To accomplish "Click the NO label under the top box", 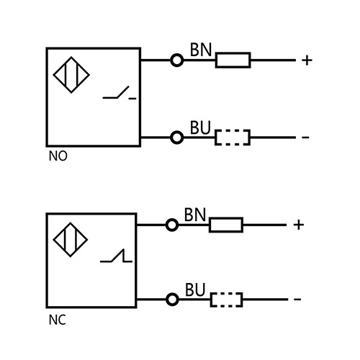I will click(x=58, y=156).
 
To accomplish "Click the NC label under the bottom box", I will click(x=57, y=320).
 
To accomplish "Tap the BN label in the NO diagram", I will click(x=200, y=50).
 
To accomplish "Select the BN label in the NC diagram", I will click(x=195, y=215).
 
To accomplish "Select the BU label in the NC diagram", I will click(x=195, y=289).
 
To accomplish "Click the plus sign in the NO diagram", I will click(x=307, y=60).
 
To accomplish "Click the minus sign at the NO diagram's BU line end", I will click(x=305, y=137).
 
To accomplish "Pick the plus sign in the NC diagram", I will click(x=299, y=225).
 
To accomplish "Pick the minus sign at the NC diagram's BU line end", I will click(x=297, y=300).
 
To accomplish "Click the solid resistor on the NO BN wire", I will click(x=233, y=60).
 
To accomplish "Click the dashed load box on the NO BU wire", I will click(x=232, y=137).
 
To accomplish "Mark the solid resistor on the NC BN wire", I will click(x=226, y=225).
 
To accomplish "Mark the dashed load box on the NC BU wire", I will click(x=225, y=300).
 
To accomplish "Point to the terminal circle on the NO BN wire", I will click(x=176, y=60).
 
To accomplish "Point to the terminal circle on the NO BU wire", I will click(x=176, y=137).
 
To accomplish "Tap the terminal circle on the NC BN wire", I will click(x=171, y=225).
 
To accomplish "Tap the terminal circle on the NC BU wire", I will click(x=171, y=300).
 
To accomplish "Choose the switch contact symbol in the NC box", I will click(x=115, y=256).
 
